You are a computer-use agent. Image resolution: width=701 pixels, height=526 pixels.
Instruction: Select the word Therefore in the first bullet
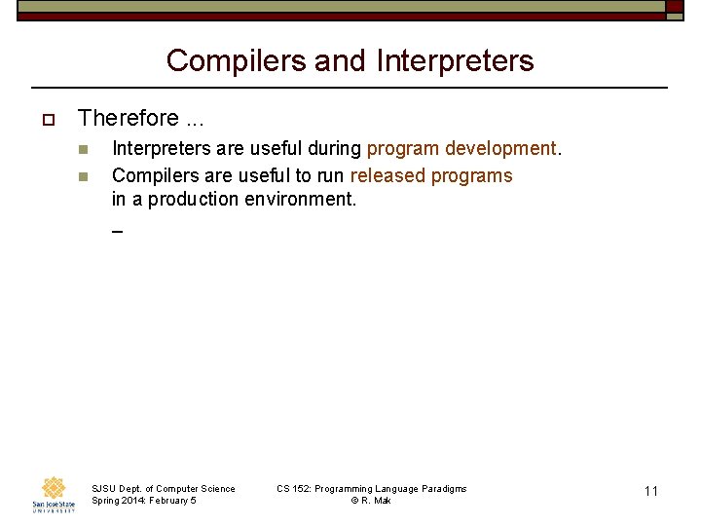coord(129,119)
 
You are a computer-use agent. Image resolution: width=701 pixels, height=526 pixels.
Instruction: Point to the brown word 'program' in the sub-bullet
coord(403,149)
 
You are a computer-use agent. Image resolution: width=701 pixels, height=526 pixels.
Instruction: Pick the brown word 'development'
coord(500,149)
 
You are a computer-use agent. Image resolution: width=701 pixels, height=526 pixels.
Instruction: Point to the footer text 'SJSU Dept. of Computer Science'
coord(163,489)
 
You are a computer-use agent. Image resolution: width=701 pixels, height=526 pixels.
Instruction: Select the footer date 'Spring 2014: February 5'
coord(143,501)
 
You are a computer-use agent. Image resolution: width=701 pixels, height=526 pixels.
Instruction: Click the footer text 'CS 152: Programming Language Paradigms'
coord(371,489)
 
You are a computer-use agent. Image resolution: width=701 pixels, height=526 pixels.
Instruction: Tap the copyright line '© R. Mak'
coord(371,501)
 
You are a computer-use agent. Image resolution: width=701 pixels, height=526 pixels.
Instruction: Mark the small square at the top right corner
coord(675,7)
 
